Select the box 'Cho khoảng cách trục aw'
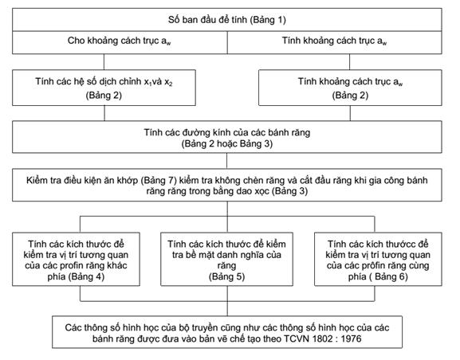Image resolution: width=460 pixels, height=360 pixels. click(120, 42)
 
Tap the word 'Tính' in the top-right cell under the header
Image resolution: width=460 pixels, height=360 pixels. click(291, 41)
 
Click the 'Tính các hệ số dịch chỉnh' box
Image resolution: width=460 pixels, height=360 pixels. click(104, 88)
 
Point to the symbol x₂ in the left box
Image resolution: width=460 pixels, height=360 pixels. click(168, 82)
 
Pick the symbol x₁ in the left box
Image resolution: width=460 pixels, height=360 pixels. click(147, 82)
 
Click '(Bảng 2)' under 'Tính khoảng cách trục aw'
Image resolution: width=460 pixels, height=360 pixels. click(350, 96)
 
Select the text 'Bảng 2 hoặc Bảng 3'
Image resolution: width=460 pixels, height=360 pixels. click(226, 144)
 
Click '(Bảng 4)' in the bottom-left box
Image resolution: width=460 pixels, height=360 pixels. click(86, 276)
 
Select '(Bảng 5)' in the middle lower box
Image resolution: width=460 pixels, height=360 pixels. click(226, 276)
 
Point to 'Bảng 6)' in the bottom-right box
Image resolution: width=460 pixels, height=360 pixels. click(391, 276)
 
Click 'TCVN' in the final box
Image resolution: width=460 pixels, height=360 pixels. click(297, 338)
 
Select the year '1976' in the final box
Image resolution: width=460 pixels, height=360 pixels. click(351, 338)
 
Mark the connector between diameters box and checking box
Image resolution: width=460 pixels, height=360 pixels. click(226, 161)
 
